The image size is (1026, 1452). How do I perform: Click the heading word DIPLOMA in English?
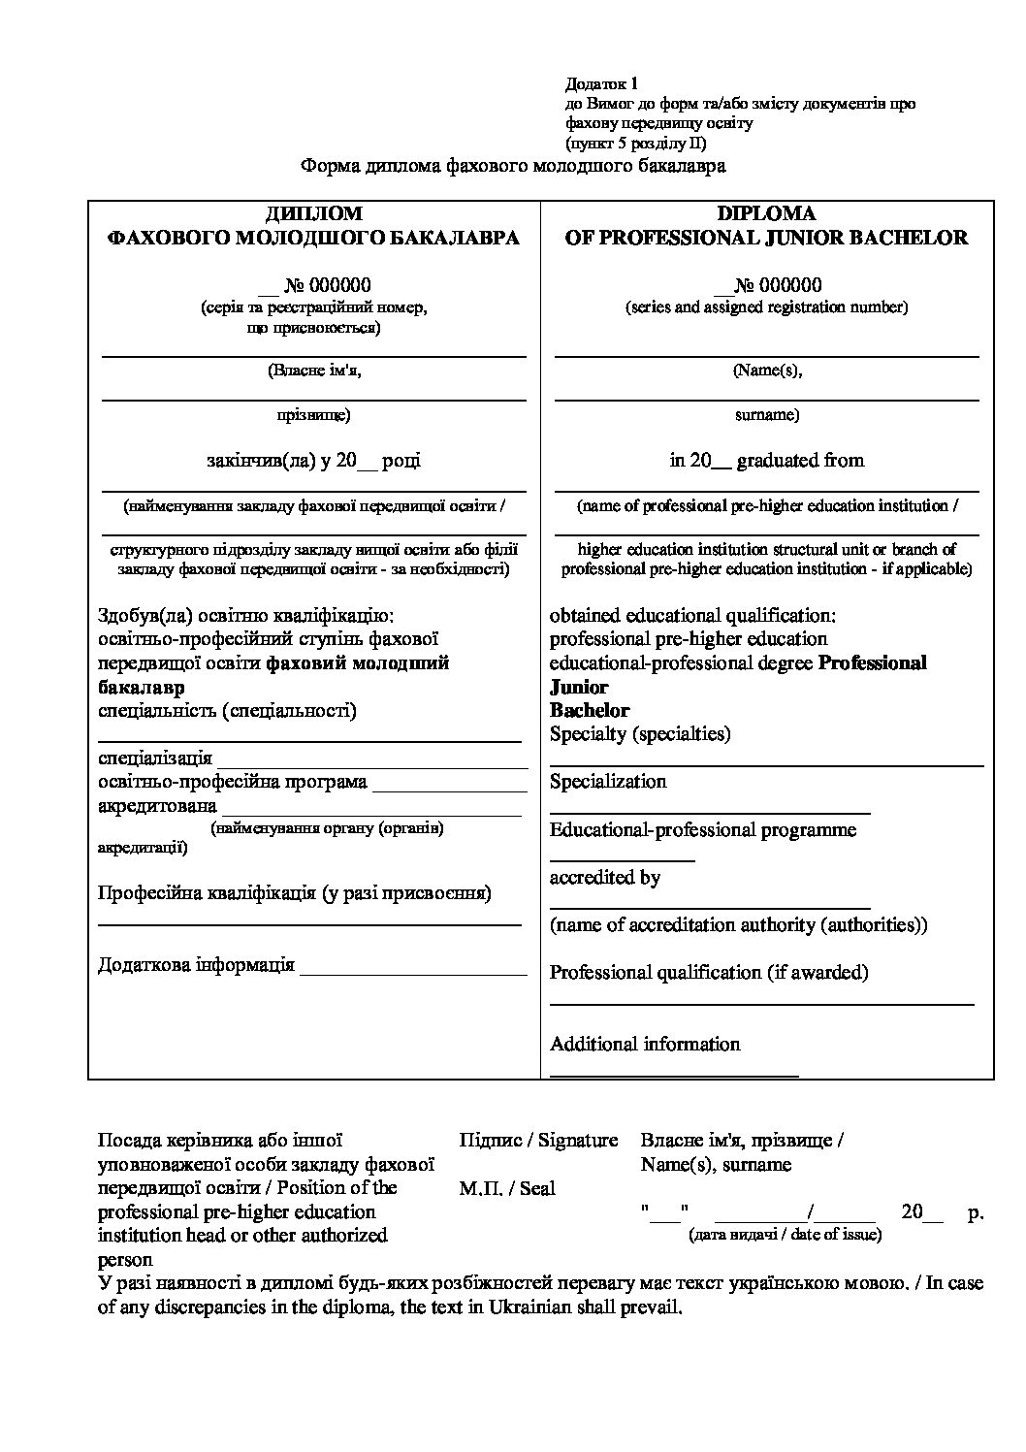coord(766,213)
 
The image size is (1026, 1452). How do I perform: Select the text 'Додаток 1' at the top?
coord(601,84)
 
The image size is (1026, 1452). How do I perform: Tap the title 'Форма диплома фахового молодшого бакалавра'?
coord(513,166)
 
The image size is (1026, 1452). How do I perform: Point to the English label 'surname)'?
coord(766,414)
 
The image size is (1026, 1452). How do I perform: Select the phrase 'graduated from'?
coord(800,460)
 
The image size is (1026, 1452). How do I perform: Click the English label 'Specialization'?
coord(608,781)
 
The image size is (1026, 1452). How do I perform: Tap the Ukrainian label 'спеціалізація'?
coord(155,758)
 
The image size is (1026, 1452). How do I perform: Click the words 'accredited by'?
coord(605,877)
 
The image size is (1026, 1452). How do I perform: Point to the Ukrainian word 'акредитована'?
coord(157,805)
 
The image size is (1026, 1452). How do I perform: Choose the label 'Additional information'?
coord(645,1044)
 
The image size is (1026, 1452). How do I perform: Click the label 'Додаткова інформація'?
coord(196,965)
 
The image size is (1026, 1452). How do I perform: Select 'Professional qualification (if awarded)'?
coord(709,972)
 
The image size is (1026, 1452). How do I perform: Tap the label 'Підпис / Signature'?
coord(538,1140)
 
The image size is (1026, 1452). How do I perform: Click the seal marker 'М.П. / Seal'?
coord(507,1188)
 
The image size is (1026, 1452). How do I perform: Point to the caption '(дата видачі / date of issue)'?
coord(785,1235)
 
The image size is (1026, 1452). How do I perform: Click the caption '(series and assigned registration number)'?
coord(766,307)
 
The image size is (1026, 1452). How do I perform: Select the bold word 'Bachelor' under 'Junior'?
coord(590,710)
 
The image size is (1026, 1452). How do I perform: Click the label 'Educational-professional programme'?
coord(703,829)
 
